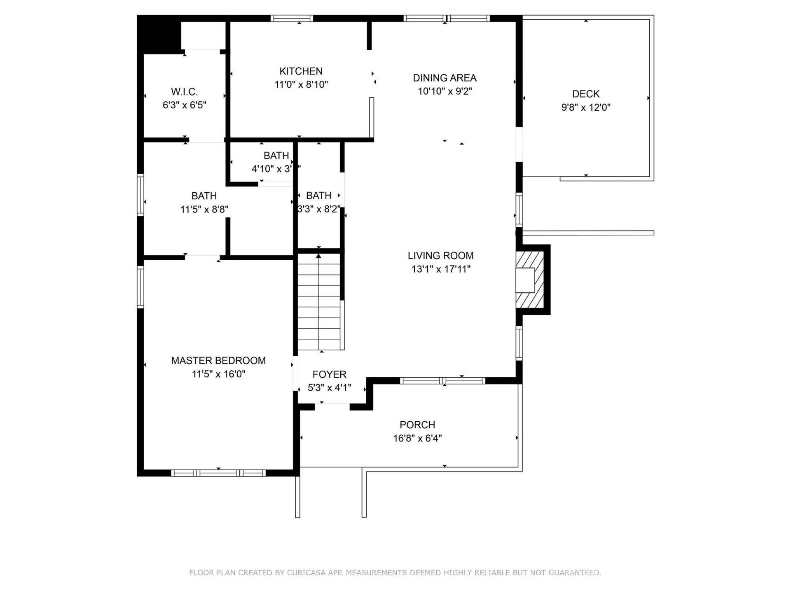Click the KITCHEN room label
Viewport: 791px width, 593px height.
point(301,71)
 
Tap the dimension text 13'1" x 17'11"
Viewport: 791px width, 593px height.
point(440,269)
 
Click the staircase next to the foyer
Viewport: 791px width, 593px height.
point(319,303)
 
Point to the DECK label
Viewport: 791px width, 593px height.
point(585,94)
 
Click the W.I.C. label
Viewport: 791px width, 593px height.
point(184,92)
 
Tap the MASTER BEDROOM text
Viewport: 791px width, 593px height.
point(218,361)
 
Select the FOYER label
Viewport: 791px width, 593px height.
point(329,374)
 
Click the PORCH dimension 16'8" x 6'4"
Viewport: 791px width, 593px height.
point(417,438)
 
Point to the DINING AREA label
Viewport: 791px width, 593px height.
point(445,78)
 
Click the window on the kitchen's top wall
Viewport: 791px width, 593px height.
point(292,18)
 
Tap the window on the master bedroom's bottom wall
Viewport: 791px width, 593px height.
point(218,473)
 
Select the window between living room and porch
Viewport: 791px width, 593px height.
point(442,381)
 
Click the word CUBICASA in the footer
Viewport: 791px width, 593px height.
point(306,572)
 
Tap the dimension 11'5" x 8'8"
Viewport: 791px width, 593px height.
point(204,210)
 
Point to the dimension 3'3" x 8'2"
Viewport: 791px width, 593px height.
point(318,209)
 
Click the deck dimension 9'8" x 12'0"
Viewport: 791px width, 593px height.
point(585,107)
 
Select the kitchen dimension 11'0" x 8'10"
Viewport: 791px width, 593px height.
point(301,85)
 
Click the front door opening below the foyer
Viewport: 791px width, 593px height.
point(332,406)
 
